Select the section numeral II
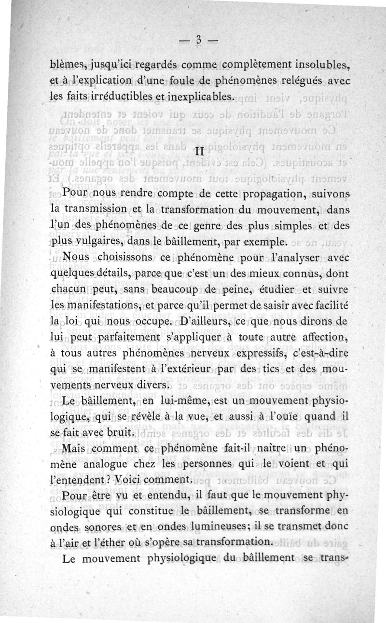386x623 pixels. (x=198, y=151)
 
